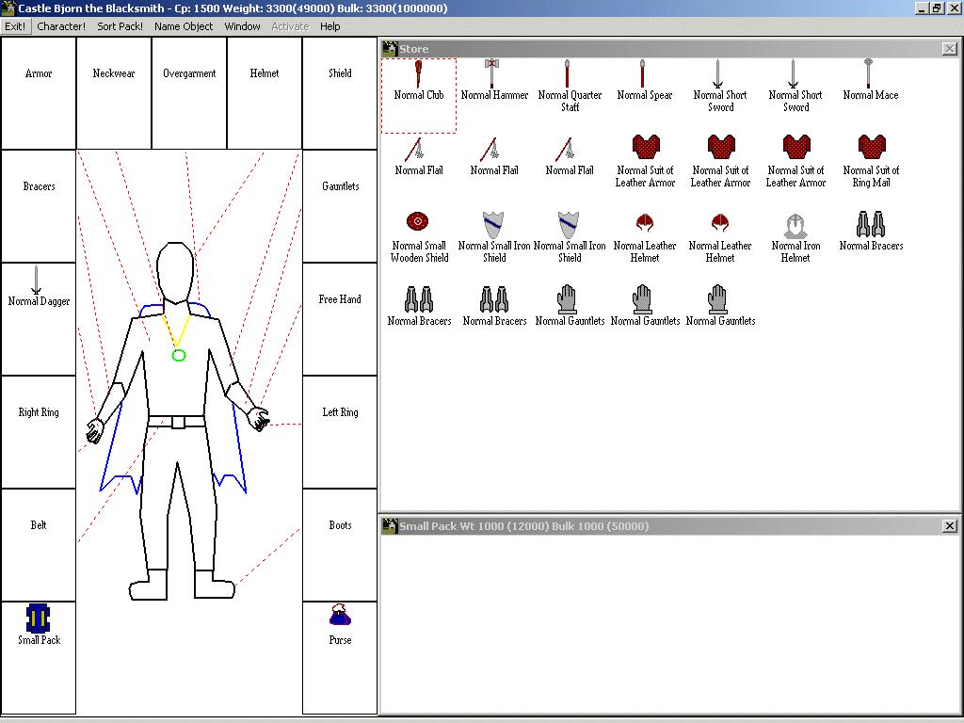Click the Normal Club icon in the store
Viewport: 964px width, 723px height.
418,73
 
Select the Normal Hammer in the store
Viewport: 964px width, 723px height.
491,73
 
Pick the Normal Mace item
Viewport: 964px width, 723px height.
868,73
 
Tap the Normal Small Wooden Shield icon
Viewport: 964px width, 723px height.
417,221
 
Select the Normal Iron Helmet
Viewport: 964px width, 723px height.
795,226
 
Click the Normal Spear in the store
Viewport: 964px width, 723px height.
642,73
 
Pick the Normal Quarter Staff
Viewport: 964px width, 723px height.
567,73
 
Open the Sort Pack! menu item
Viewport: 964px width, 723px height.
120,26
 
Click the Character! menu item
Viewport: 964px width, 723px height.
61,26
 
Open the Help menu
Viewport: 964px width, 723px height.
329,26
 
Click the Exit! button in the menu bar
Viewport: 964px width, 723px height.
15,26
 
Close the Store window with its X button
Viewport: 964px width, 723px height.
949,49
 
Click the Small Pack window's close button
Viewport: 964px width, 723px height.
949,525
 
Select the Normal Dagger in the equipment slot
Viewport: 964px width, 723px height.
37,280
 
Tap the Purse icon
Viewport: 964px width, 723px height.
340,616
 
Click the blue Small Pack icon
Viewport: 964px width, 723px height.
38,618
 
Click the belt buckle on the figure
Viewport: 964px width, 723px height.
178,422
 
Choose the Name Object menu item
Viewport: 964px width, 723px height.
184,26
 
